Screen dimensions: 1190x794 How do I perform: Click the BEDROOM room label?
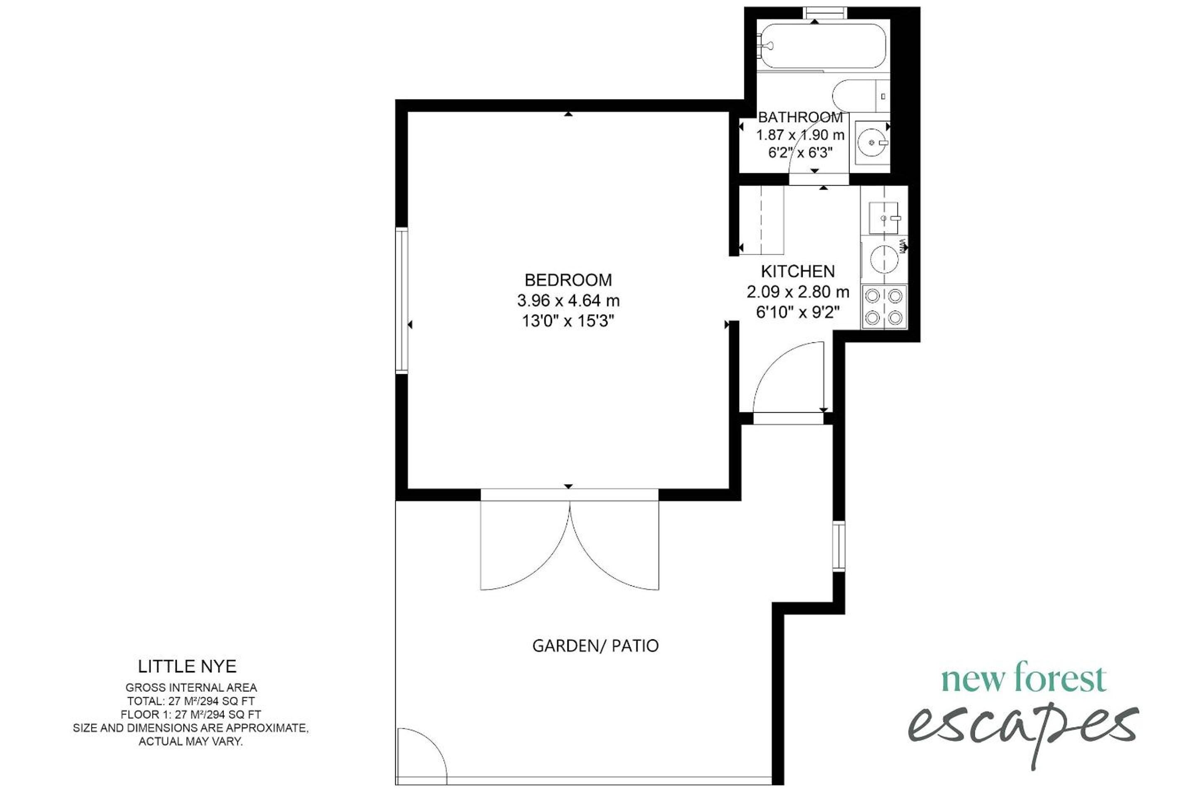pos(568,280)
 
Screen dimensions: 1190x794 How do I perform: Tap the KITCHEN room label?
pos(798,271)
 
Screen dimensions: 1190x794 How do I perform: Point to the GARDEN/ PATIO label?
pos(595,646)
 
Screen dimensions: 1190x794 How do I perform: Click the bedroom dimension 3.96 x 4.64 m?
pos(568,301)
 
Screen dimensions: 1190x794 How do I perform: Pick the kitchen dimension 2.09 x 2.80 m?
pos(798,292)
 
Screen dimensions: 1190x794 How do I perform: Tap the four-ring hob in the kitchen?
pos(884,307)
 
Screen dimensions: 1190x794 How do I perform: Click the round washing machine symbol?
pos(884,259)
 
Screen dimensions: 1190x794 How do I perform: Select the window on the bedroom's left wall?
pos(402,300)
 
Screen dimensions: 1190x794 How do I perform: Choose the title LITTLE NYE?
pos(187,666)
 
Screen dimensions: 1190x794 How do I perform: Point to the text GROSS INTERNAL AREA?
pos(191,688)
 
